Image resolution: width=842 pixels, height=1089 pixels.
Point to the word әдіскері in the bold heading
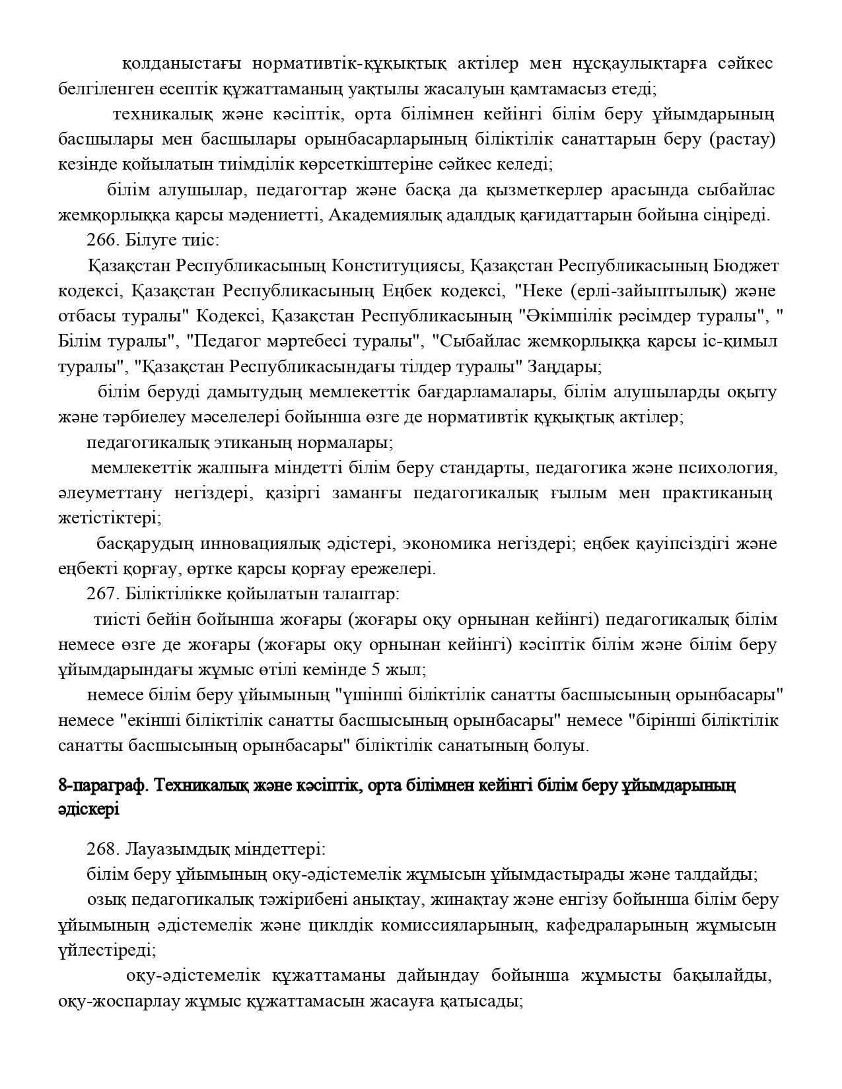(x=88, y=810)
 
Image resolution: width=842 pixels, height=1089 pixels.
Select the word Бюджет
(x=746, y=266)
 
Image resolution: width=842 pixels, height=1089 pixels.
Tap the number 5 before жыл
(x=376, y=670)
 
